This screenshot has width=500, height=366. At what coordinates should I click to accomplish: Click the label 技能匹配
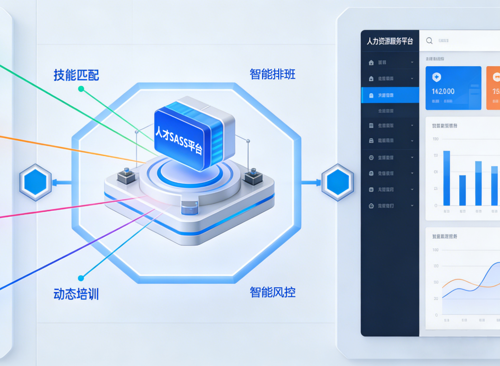pos(76,75)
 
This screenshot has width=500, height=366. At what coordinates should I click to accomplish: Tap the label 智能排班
pos(272,74)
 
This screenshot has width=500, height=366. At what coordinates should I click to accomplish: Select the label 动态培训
pos(76,294)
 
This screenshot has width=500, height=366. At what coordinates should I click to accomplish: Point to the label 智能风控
pos(272,292)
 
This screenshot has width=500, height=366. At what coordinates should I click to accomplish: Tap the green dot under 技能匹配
pos(81,88)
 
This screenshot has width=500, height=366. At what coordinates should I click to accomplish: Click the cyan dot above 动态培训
pos(81,278)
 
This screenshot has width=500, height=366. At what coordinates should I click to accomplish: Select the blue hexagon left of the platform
pos(35,182)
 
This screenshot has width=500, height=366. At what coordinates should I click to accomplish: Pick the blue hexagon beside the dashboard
pos(337,182)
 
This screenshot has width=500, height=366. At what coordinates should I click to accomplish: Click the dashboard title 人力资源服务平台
pos(389,41)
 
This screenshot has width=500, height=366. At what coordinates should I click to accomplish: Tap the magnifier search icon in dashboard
pos(429,41)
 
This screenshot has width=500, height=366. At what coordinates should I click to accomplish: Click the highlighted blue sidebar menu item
pos(390,95)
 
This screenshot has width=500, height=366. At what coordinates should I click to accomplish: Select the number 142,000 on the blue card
pos(443,91)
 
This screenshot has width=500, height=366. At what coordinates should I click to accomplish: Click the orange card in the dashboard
pos(493,88)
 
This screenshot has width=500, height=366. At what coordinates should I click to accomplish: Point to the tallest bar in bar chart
pos(446,178)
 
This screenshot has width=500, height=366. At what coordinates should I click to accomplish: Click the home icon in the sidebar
pos(371,63)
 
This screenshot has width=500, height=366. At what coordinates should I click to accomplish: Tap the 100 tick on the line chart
pos(435,250)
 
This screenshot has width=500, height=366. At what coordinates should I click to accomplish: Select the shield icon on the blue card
pos(437,77)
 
